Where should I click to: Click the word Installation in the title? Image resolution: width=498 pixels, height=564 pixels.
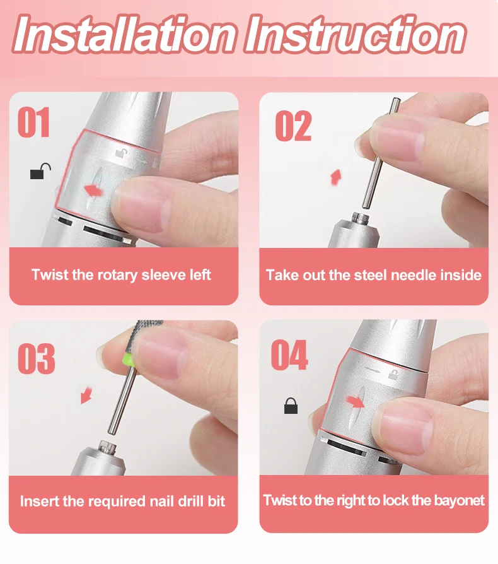125,35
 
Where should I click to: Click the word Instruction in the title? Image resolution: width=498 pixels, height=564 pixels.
356,35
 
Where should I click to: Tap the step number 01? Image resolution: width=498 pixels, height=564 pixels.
33,122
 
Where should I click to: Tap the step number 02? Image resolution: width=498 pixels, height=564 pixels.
293,126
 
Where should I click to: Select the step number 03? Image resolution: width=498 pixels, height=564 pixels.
37,358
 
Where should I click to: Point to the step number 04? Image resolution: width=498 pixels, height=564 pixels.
289,355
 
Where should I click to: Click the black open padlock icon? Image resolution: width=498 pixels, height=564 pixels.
40,172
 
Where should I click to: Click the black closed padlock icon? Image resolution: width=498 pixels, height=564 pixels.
291,406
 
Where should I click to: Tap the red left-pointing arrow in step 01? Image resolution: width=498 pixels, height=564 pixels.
93,190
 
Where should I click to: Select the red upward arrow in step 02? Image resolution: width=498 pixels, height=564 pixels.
336,177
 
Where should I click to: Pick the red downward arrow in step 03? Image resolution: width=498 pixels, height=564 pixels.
86,396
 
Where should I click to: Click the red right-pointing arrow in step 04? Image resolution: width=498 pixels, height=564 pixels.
356,402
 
